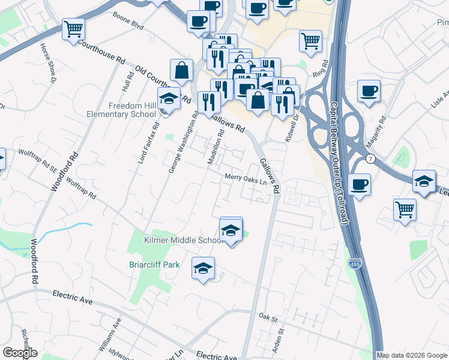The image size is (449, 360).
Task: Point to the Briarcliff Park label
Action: pos(154,264)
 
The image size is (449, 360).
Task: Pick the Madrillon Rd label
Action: pos(215,148)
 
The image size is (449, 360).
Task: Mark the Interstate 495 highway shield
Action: pos(354,263)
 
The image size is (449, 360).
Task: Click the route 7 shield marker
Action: pos(371,159)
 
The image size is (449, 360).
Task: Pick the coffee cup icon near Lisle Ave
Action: pos(369,91)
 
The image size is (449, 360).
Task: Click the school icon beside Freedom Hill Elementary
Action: pos(169,99)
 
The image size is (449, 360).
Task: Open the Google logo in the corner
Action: pos(20,353)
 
